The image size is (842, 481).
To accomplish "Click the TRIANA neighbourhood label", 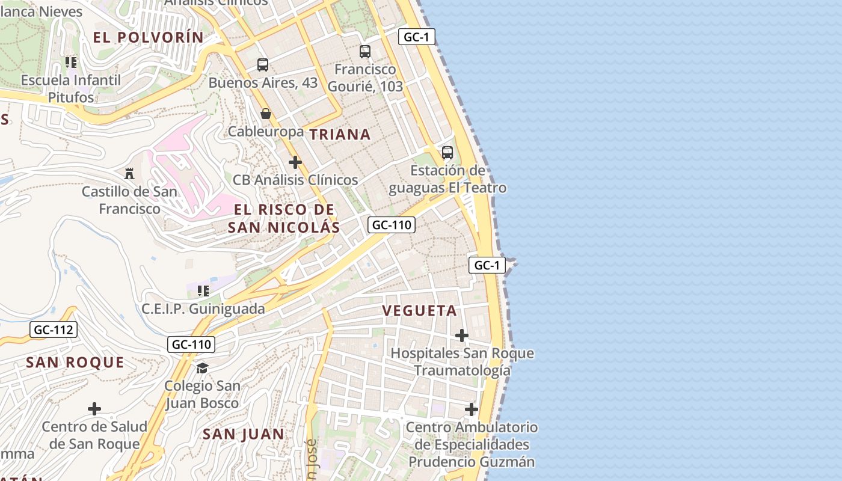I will click(x=340, y=135).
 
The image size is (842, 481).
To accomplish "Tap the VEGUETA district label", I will click(x=420, y=311).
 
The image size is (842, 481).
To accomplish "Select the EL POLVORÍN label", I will click(x=149, y=37).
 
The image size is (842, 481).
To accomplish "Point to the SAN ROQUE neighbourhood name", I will click(x=75, y=363).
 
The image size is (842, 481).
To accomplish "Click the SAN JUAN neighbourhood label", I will click(x=243, y=434).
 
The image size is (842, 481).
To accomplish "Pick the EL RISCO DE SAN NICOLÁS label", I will click(x=284, y=218).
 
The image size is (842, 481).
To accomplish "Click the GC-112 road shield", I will click(x=54, y=329).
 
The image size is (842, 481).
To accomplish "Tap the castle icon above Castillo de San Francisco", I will click(x=129, y=174).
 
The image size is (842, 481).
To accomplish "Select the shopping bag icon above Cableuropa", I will click(x=266, y=114).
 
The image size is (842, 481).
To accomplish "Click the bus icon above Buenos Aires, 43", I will click(x=263, y=65).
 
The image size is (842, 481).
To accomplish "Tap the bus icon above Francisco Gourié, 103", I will click(x=365, y=52).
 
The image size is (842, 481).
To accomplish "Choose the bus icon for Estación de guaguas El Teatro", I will click(x=447, y=153).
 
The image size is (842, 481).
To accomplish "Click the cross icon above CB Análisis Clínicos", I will click(x=295, y=162).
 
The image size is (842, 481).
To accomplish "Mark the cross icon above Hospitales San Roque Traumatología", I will click(x=462, y=335).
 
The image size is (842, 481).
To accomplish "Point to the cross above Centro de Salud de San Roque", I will click(x=94, y=409).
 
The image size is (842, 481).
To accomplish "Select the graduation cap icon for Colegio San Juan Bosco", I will click(x=202, y=368).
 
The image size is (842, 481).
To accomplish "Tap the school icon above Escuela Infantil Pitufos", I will click(x=72, y=63).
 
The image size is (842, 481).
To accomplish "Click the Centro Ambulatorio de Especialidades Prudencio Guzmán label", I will click(x=472, y=445).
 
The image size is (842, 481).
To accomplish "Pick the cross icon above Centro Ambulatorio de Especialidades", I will click(x=472, y=410).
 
